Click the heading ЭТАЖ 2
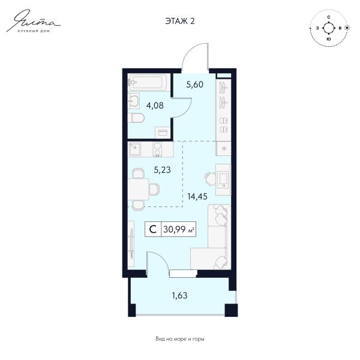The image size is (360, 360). click(180, 21)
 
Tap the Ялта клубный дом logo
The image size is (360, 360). click(34, 21)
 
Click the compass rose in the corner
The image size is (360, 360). click(329, 28)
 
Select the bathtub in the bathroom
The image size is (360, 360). click(149, 82)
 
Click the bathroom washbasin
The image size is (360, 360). click(133, 101)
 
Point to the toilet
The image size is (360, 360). click(136, 118)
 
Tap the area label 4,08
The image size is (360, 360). click(155, 106)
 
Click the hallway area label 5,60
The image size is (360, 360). click(194, 85)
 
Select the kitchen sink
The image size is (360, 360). click(135, 149)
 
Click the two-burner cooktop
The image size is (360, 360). click(157, 149)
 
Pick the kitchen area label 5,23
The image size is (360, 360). click(163, 170)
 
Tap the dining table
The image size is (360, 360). click(139, 189)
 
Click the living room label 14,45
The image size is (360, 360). click(197, 197)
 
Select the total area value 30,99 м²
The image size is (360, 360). click(179, 229)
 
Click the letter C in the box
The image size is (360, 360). click(153, 229)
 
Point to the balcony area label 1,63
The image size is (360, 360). click(180, 295)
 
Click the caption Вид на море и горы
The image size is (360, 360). click(180, 338)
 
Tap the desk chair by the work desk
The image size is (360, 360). click(210, 178)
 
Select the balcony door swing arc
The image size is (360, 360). click(161, 258)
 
